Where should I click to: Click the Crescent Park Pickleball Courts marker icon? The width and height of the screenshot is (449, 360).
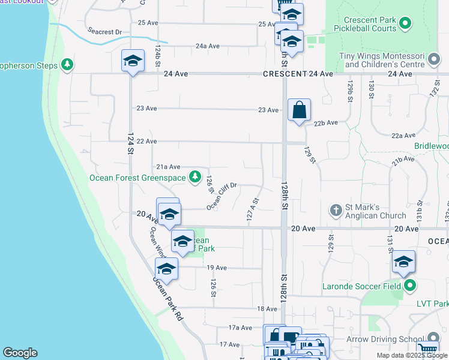coord(405,24)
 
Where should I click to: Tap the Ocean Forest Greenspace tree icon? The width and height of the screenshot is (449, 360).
coord(194,177)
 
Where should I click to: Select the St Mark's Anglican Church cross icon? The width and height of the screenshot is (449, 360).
coord(337,211)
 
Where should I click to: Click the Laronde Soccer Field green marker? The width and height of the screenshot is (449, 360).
coord(409,285)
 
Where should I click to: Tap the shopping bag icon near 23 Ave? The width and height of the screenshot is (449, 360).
coord(299,110)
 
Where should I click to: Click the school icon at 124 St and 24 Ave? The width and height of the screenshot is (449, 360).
coord(133,61)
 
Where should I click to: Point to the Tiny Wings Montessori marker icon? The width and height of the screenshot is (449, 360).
coord(433,60)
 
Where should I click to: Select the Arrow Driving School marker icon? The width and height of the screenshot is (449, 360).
coord(433,340)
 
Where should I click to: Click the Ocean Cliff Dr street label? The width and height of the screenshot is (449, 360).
coord(222,196)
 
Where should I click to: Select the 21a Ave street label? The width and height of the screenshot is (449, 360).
coord(168,167)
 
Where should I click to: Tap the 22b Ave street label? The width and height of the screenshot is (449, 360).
coord(327,122)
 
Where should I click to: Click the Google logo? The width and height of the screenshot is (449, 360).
coord(20,353)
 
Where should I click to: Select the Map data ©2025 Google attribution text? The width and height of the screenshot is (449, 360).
coord(411,355)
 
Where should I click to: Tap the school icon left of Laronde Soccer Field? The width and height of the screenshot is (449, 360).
coord(403,262)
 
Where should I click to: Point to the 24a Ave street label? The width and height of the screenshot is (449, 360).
coord(208,46)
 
